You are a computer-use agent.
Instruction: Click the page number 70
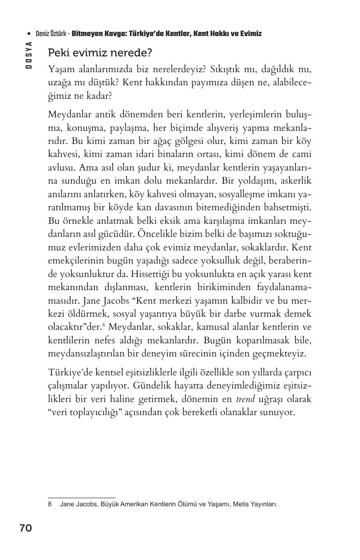26,528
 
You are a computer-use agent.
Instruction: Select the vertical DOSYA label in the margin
29,55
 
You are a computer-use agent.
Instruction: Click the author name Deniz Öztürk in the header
52,34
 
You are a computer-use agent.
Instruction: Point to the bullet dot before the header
29,34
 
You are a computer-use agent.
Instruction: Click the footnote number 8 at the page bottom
50,504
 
